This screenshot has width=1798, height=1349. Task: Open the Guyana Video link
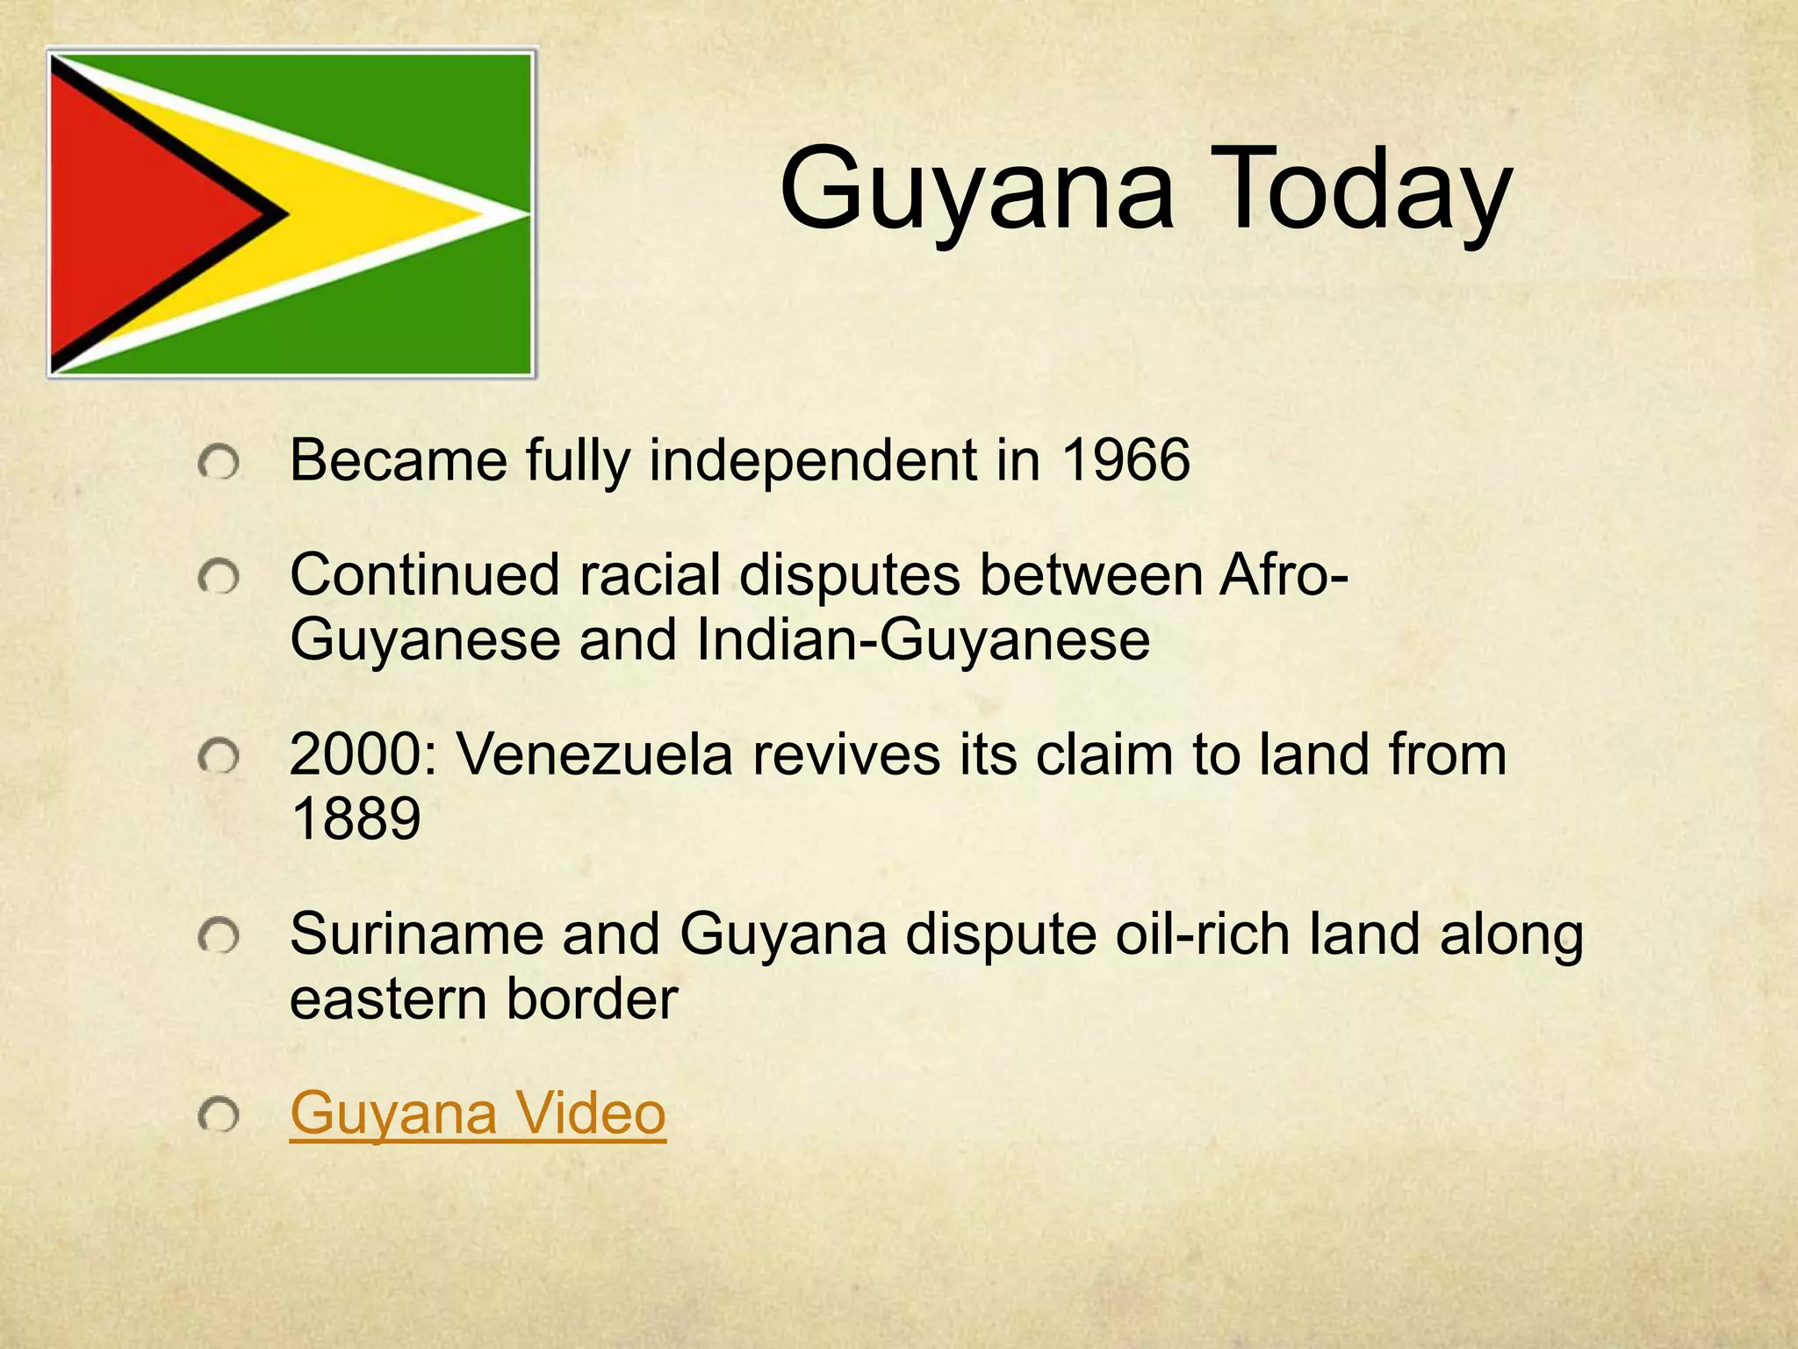click(478, 1113)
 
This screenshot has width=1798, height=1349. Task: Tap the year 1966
click(1126, 459)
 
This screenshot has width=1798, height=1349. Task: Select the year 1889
click(356, 819)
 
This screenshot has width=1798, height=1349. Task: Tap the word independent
click(813, 459)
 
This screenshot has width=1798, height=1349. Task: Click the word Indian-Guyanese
click(923, 639)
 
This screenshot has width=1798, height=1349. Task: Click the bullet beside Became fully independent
click(219, 463)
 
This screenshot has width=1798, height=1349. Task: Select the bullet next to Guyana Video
click(219, 1116)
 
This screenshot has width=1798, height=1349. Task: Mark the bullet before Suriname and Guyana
click(219, 937)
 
